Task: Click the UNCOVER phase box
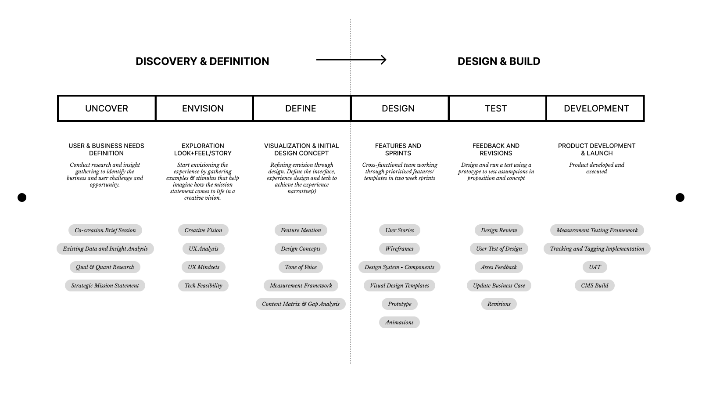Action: click(x=107, y=108)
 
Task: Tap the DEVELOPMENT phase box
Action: click(x=595, y=108)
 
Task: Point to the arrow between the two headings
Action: click(x=351, y=60)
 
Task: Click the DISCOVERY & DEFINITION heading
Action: click(x=202, y=61)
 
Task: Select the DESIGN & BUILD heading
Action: click(x=499, y=61)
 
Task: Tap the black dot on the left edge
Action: click(x=22, y=197)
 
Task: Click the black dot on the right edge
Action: click(x=680, y=197)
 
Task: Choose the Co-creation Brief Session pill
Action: click(x=105, y=230)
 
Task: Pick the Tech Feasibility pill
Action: click(x=204, y=286)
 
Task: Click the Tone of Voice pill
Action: click(x=301, y=267)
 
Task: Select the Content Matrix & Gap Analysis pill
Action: click(x=301, y=304)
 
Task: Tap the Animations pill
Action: click(x=399, y=323)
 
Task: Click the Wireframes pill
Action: click(x=399, y=249)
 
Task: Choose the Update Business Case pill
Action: click(x=499, y=286)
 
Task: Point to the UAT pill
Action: click(x=595, y=267)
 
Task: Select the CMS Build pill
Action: click(x=595, y=286)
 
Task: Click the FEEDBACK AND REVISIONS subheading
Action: click(x=496, y=149)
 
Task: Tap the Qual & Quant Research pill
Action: click(x=105, y=267)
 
